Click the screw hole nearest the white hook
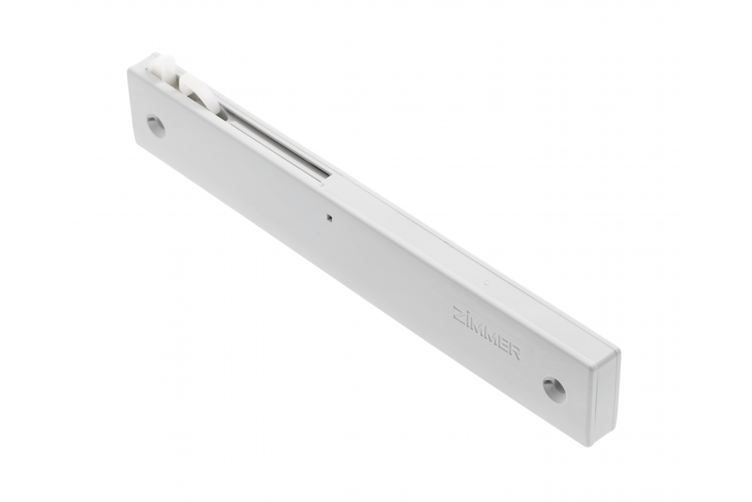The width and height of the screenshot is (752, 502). [156, 125]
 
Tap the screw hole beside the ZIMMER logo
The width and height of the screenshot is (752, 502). [554, 391]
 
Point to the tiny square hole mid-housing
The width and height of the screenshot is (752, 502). [330, 218]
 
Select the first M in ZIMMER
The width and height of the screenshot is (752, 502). [478, 328]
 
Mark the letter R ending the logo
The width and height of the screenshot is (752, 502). [516, 353]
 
